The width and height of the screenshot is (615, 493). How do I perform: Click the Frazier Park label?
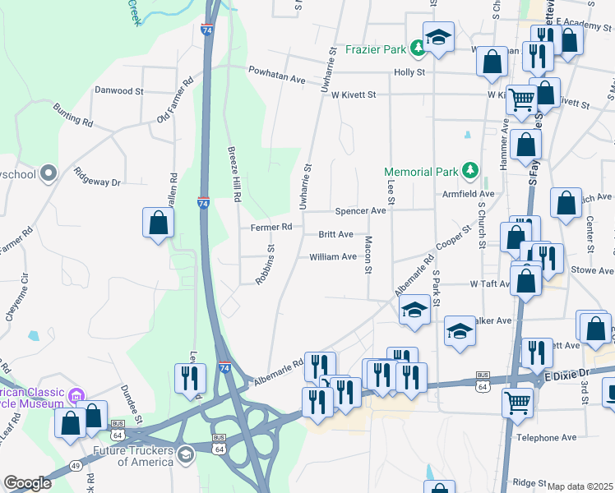coord(375,49)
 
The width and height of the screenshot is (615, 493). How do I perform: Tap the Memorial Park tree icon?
coord(469,171)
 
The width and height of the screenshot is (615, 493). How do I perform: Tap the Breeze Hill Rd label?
coord(234,175)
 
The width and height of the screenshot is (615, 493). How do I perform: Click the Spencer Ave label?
coord(359,211)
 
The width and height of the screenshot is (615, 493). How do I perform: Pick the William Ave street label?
coord(333,257)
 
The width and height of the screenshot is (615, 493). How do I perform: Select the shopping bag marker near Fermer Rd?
coord(158,223)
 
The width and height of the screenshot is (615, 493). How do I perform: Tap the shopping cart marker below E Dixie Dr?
coord(518,403)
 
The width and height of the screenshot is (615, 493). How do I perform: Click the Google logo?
coord(27,483)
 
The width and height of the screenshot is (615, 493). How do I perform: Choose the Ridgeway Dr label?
coord(97,176)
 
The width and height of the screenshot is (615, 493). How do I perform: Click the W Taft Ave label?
coord(491,283)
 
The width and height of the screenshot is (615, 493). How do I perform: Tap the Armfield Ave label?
coord(469,194)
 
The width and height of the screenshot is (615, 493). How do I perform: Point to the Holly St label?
coord(409,72)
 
